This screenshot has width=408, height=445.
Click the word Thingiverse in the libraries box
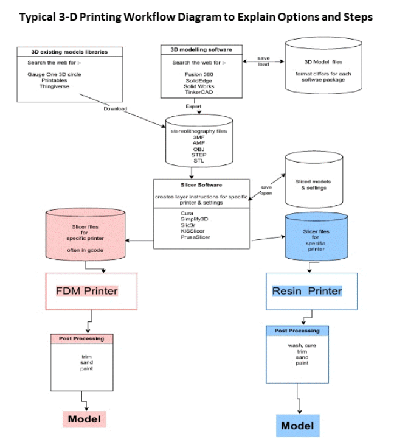(54, 86)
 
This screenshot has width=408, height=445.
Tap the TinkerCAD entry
(199, 91)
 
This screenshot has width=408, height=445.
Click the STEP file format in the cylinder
(199, 155)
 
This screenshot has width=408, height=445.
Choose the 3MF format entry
(199, 138)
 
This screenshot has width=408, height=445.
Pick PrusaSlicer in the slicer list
(195, 237)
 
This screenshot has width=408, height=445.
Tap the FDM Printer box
(91, 291)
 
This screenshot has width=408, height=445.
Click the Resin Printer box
(311, 291)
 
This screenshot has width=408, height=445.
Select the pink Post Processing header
(81, 338)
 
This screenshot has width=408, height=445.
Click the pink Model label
(84, 419)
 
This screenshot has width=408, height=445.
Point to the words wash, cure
(299, 345)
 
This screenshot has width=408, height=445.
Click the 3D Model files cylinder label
(325, 61)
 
